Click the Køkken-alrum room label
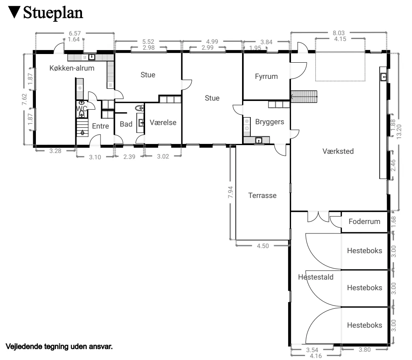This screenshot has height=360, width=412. [x=72, y=68]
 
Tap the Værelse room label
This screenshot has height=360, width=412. [x=163, y=123]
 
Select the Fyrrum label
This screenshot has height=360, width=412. [x=267, y=76]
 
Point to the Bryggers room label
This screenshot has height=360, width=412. [x=270, y=122]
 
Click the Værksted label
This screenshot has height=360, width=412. [x=338, y=151]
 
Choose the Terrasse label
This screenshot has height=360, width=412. [x=262, y=195]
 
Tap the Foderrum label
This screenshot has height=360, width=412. [x=364, y=221]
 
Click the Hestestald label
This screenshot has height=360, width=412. [x=316, y=277]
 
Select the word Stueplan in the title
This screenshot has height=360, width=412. [x=53, y=13]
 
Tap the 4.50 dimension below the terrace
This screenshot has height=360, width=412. [x=263, y=246]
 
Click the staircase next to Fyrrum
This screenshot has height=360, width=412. [x=304, y=96]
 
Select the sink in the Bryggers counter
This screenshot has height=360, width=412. [x=259, y=140]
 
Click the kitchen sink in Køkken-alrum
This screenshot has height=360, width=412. [x=91, y=57]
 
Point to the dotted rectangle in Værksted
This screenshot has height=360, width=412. [x=340, y=67]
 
